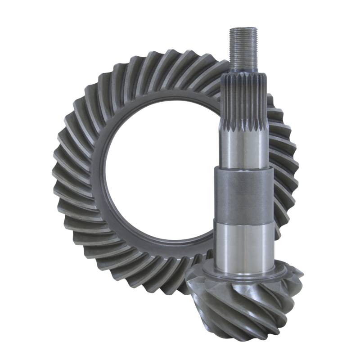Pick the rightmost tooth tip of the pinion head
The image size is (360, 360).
click(301, 274)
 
